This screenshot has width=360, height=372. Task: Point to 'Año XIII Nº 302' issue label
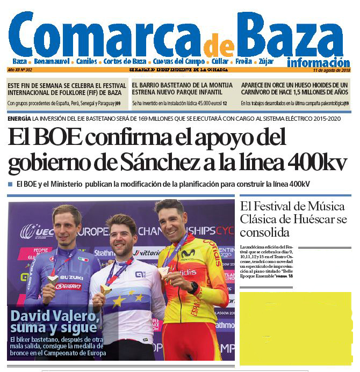pyautogui.click(x=20, y=70)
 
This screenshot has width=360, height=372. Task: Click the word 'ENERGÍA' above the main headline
pyautogui.click(x=19, y=118)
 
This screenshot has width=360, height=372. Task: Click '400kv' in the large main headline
pyautogui.click(x=316, y=162)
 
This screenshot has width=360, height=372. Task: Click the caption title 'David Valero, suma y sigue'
pyautogui.click(x=55, y=321)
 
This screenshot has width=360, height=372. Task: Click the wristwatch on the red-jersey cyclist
pyautogui.click(x=193, y=288)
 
